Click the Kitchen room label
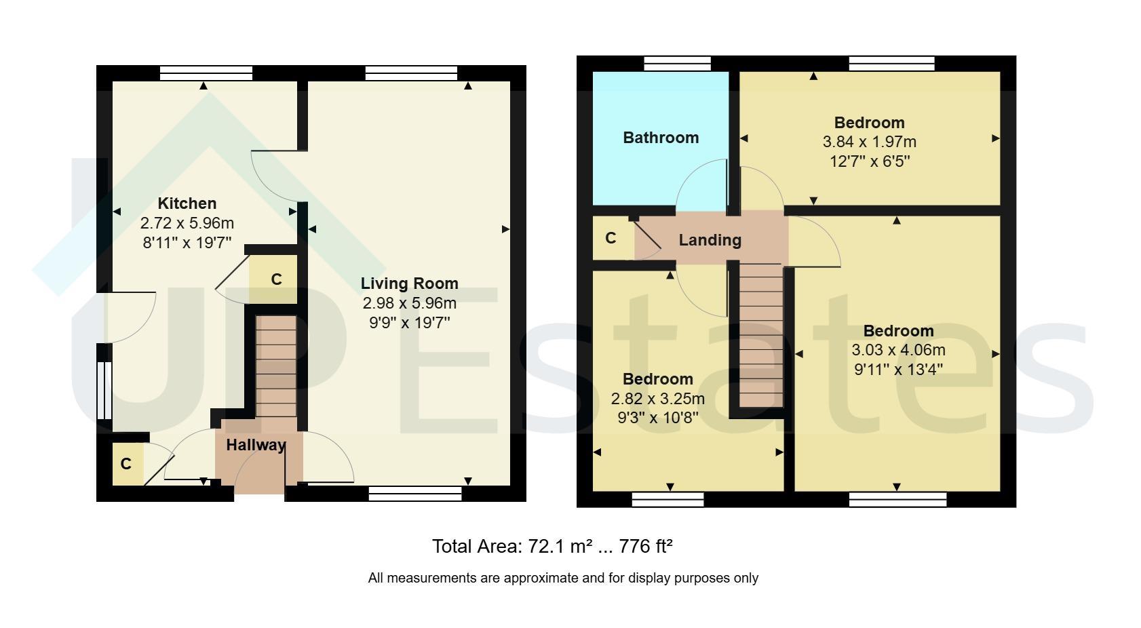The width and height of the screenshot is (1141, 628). tap(187, 203)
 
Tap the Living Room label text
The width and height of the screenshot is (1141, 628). tap(409, 283)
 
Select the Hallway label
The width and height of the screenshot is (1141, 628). tap(256, 446)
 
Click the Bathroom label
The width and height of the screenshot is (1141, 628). tap(661, 138)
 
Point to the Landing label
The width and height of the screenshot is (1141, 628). tap(710, 240)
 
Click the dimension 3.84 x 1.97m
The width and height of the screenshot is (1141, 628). tap(869, 142)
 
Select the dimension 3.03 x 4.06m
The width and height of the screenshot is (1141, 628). tap(898, 351)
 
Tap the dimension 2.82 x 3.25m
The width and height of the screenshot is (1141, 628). tap(657, 399)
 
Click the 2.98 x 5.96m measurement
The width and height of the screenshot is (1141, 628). tap(409, 303)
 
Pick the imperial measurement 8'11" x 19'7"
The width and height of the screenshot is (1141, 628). tap(187, 243)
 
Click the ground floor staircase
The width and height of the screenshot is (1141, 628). tap(276, 366)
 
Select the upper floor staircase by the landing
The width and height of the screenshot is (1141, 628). tap(760, 336)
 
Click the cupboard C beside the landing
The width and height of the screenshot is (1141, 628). tap(611, 238)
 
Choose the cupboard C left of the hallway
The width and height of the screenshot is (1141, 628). tap(126, 464)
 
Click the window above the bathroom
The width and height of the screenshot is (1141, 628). tap(677, 64)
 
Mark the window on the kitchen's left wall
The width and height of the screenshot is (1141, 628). tap(104, 390)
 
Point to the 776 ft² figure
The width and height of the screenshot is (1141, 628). tap(645, 547)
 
